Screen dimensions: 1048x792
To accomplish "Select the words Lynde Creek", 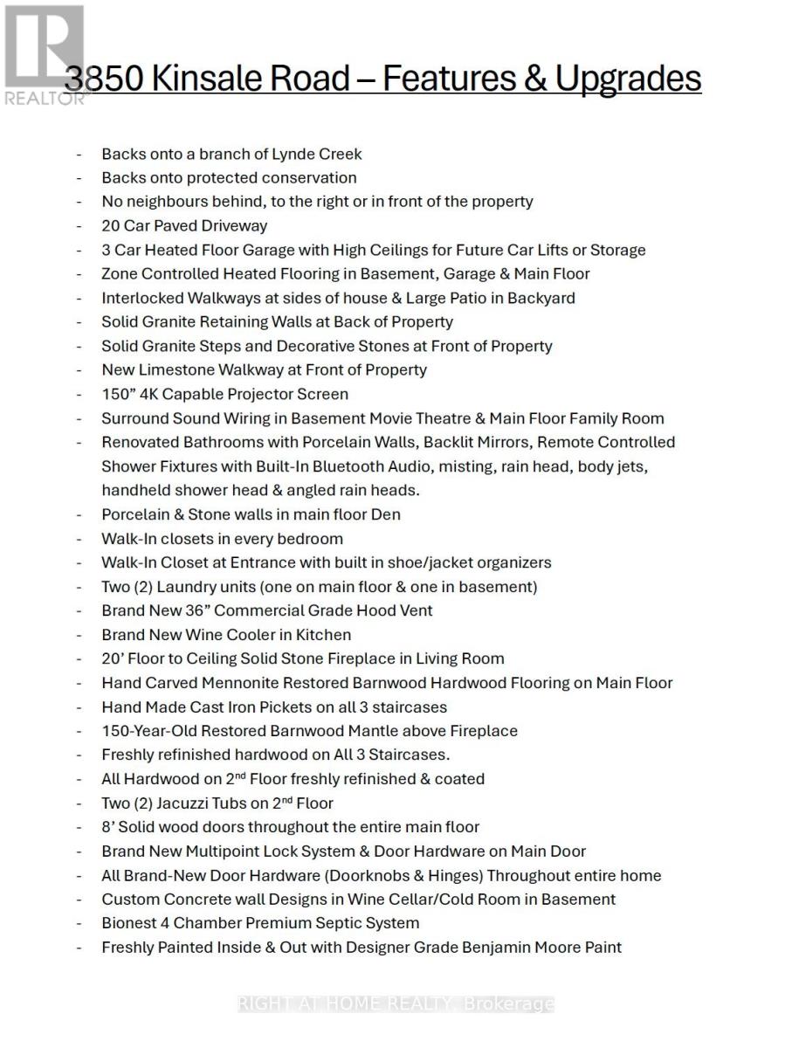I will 317,154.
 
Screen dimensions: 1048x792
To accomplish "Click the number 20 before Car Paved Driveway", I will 111,225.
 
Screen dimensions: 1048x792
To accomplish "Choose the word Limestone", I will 176,369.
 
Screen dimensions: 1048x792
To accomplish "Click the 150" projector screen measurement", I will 118,394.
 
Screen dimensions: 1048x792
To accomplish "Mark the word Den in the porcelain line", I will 386,514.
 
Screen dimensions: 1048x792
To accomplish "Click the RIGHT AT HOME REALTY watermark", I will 396,1004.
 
